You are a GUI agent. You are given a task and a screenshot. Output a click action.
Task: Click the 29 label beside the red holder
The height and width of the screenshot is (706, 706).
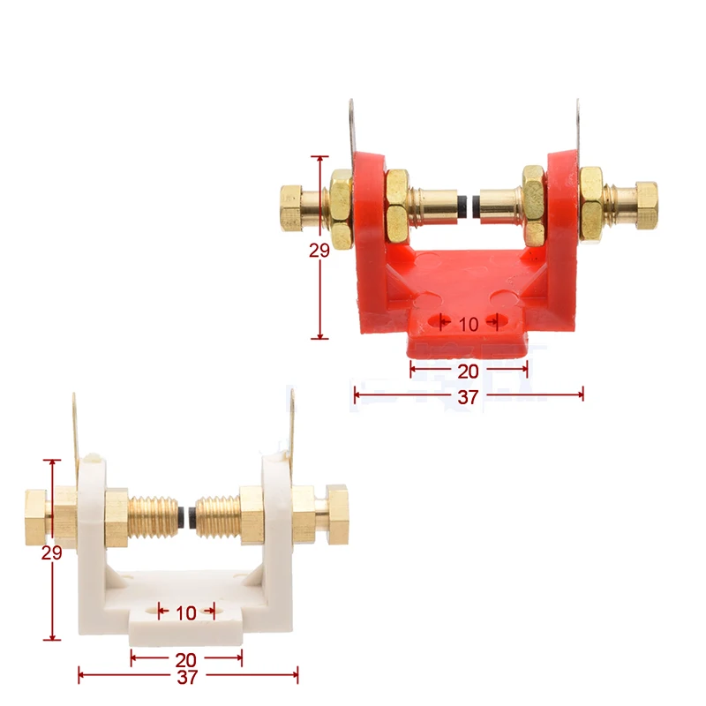(x=319, y=251)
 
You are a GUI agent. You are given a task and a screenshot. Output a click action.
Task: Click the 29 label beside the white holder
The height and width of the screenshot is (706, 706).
(x=51, y=552)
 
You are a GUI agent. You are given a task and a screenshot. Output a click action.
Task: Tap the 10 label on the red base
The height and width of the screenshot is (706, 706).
(x=469, y=324)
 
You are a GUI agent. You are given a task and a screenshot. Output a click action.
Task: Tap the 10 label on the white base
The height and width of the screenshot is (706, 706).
(x=186, y=612)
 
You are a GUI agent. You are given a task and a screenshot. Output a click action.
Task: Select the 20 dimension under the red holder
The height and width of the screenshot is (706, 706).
(x=469, y=372)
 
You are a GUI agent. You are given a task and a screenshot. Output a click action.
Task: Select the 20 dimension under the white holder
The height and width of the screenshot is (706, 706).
(x=185, y=660)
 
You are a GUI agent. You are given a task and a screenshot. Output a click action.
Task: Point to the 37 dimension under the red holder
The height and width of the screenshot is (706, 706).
(x=469, y=396)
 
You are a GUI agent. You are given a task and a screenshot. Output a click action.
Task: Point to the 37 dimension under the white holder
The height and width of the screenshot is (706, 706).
(x=187, y=677)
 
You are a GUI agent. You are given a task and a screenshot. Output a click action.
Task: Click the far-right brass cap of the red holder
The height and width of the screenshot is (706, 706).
(x=647, y=205)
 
